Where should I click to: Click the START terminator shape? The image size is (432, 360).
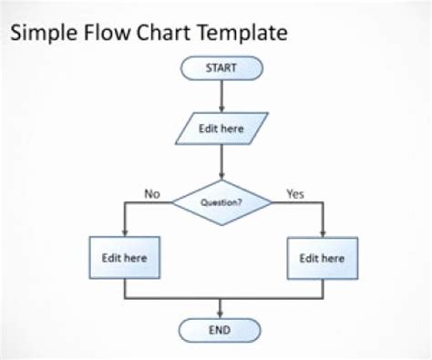(x=221, y=67)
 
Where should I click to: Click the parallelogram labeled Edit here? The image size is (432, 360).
(x=221, y=129)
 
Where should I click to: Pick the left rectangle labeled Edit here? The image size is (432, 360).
(x=123, y=258)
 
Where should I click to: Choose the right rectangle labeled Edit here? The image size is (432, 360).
(x=323, y=258)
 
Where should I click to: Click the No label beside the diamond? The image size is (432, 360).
(x=152, y=193)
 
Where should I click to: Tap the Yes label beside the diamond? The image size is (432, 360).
(x=295, y=193)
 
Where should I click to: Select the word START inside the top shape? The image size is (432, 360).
(x=221, y=67)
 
